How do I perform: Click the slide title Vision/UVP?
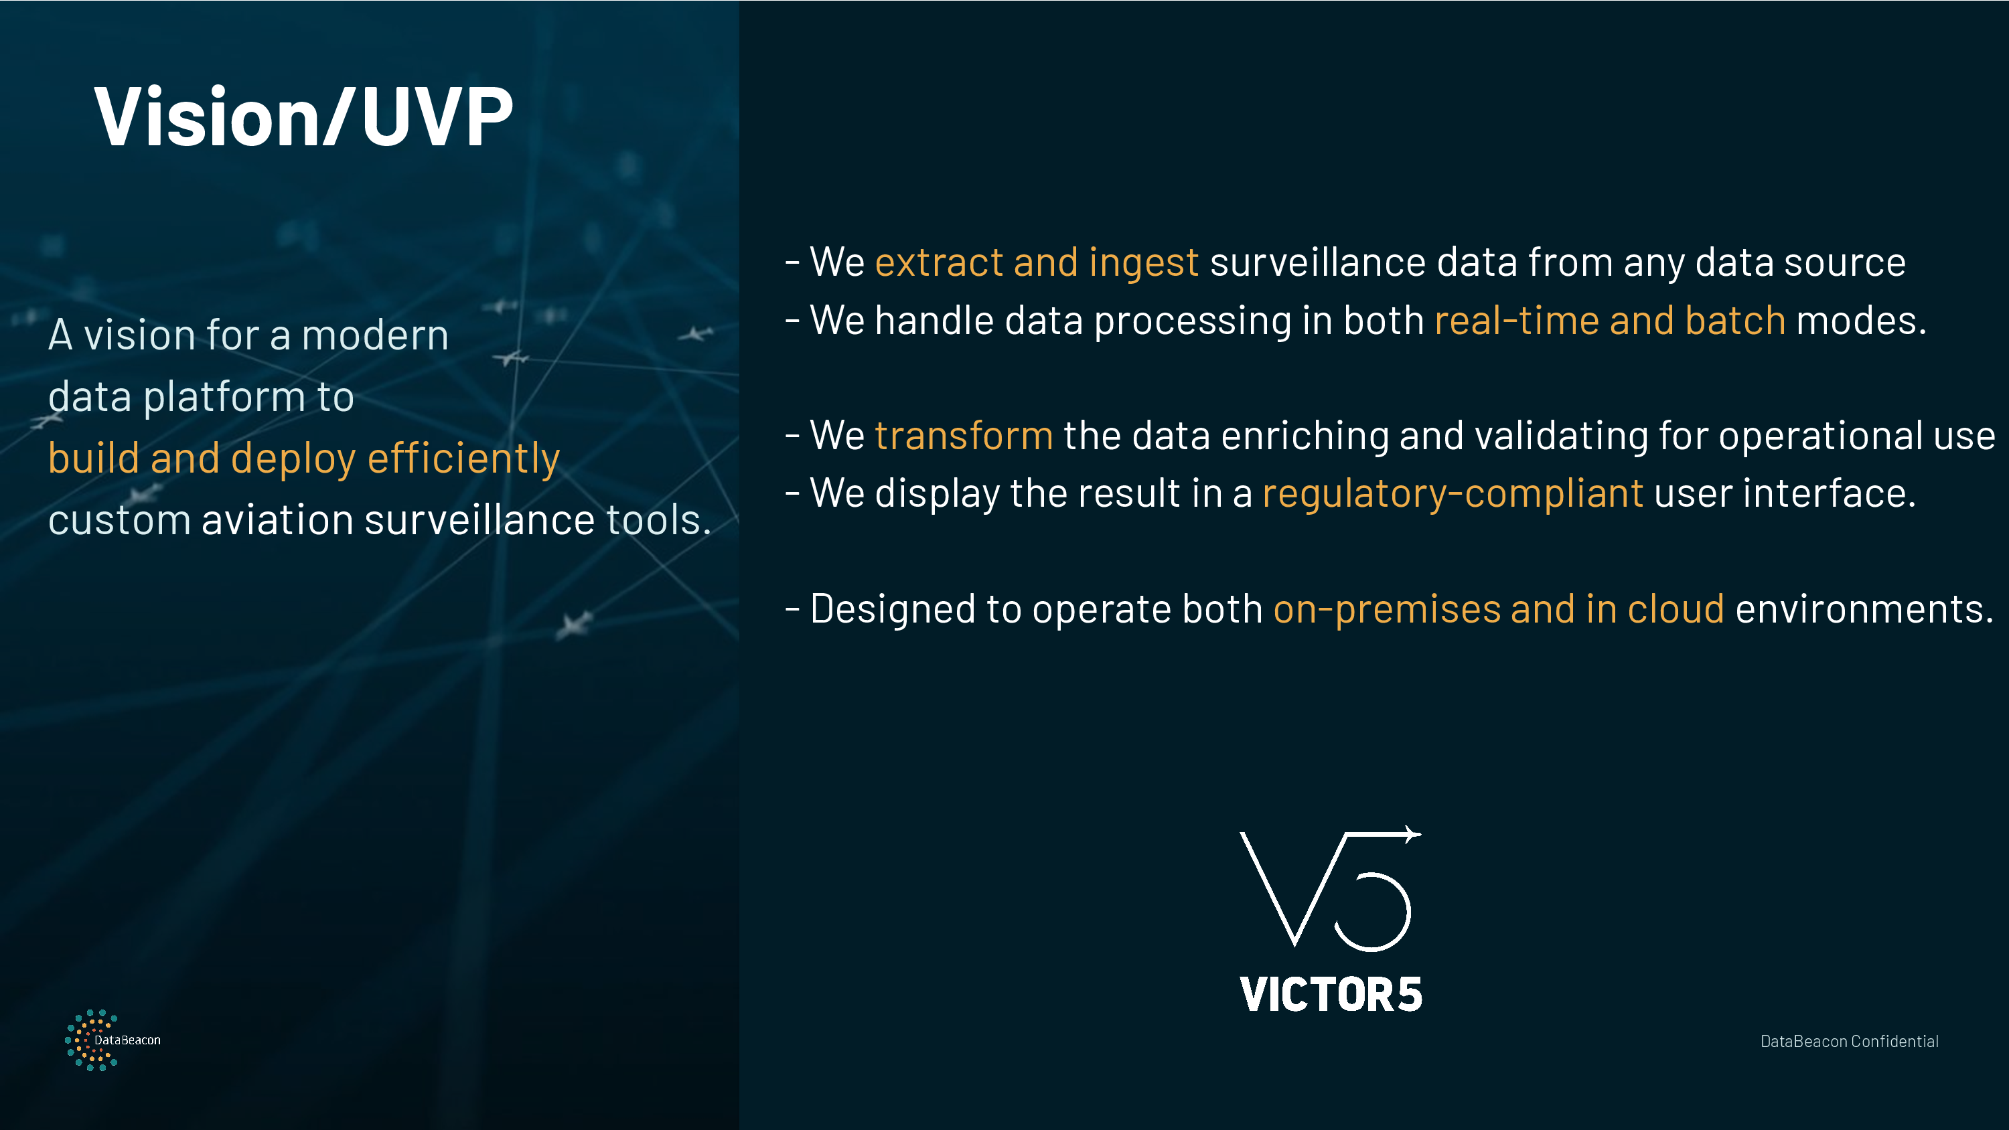(x=303, y=117)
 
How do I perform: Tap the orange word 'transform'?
(x=964, y=435)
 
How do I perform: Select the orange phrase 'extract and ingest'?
(x=1037, y=262)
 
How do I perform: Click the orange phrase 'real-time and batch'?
(x=1610, y=321)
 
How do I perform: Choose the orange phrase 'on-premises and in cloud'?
(x=1498, y=610)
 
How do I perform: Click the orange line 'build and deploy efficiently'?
(x=304, y=459)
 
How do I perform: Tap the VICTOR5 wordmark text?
(x=1331, y=994)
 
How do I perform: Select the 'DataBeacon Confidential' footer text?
(x=1849, y=1041)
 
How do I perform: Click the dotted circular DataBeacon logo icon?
(x=90, y=1040)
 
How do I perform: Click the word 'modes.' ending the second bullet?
(x=1862, y=321)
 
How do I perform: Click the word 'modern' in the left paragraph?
(x=375, y=336)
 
